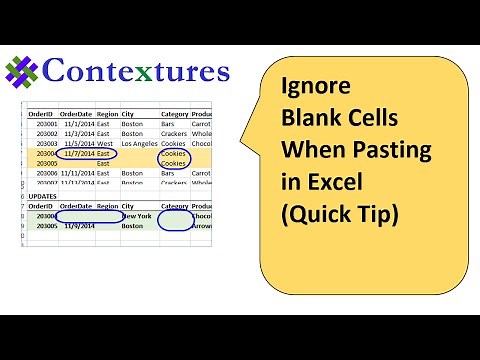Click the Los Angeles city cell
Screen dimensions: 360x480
click(139, 144)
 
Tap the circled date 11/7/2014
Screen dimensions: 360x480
click(76, 154)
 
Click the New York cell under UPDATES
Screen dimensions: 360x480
click(136, 216)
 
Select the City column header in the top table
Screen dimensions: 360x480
click(128, 114)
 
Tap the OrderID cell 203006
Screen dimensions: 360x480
click(45, 174)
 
